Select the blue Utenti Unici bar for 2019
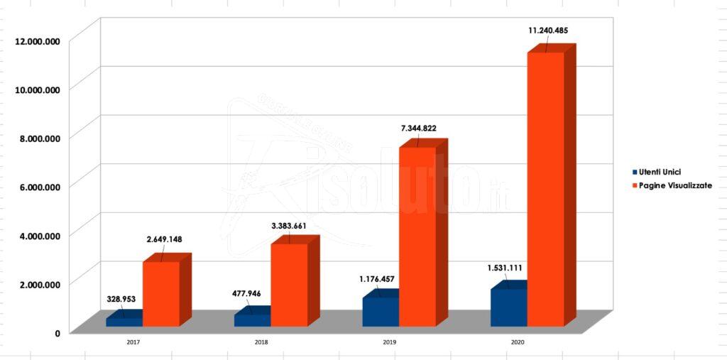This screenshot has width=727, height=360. [x=381, y=312]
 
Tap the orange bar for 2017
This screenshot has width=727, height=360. [x=160, y=294]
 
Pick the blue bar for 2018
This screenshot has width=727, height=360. [x=252, y=320]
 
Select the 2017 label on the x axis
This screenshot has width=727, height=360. [x=133, y=342]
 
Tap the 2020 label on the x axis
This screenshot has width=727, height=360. [x=518, y=342]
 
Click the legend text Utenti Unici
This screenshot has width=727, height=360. [x=661, y=173]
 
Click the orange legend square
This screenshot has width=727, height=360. [x=634, y=186]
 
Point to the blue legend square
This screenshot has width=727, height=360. [x=634, y=173]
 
